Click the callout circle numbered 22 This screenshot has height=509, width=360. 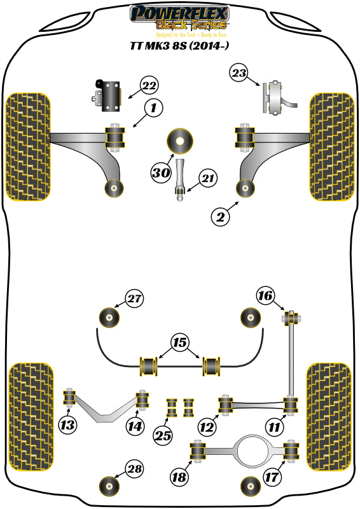tap(149, 85)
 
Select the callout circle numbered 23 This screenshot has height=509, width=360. tap(239, 74)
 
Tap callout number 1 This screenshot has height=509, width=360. tap(153, 109)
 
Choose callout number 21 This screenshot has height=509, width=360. tap(207, 180)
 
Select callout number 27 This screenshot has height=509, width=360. tap(135, 298)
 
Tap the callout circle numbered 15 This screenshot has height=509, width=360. tap(180, 343)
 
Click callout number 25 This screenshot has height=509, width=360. tap(164, 436)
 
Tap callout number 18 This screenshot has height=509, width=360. tap(180, 477)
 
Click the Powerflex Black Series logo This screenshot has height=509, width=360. tap(179, 17)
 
